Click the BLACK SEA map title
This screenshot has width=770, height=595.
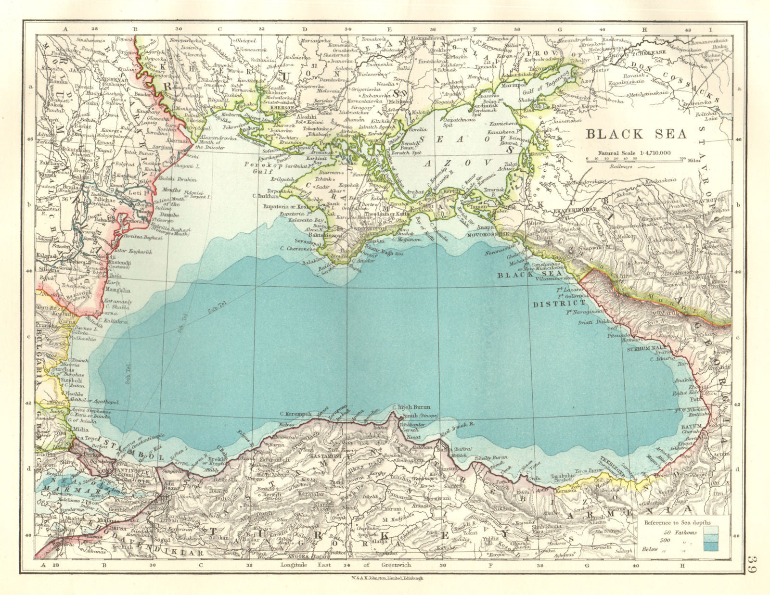pos(636,134)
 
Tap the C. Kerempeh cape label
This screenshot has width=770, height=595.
pos(294,413)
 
